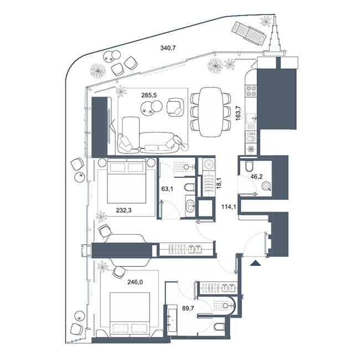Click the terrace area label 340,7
click(168, 48)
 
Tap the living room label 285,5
click(149, 95)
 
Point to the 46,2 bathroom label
click(256, 177)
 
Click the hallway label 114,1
click(229, 207)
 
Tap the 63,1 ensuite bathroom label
click(167, 189)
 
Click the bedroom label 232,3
click(124, 210)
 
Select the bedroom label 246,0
click(135, 282)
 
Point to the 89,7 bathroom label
click(188, 308)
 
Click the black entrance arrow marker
click(255, 263)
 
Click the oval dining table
click(210, 112)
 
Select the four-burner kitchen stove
click(251, 90)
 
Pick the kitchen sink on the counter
click(251, 119)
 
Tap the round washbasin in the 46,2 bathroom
click(267, 186)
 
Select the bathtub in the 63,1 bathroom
click(190, 206)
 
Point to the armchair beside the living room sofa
click(176, 107)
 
